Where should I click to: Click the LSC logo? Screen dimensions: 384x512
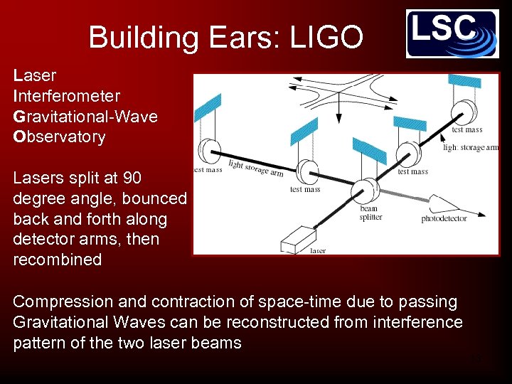(452, 33)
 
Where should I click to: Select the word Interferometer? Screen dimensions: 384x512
(66, 95)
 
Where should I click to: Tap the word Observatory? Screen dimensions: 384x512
(59, 137)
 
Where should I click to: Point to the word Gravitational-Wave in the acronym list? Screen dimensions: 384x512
(85, 116)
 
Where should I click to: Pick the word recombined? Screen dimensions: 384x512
(57, 260)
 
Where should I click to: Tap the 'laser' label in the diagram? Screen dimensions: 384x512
(318, 250)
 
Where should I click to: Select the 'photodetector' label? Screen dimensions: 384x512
(444, 218)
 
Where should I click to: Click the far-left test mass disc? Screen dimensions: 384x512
(209, 151)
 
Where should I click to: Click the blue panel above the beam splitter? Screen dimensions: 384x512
(368, 151)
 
